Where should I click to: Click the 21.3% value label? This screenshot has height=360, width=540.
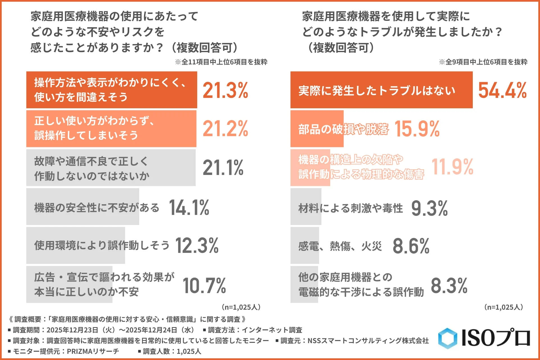(x=225, y=91)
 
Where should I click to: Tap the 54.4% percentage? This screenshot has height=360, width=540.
(x=502, y=91)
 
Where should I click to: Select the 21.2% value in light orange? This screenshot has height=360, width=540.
(x=225, y=129)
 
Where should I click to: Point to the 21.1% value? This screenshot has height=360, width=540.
(x=223, y=168)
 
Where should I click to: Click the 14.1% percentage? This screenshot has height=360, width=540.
(x=189, y=208)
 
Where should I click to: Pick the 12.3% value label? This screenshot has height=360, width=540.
(x=197, y=246)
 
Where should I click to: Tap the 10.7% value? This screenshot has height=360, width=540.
(x=204, y=285)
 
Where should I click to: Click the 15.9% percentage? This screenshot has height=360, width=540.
(x=417, y=129)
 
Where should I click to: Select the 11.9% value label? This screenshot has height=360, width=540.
(x=452, y=166)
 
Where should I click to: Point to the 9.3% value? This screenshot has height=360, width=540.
(x=429, y=208)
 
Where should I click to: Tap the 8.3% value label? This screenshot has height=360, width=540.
(x=449, y=285)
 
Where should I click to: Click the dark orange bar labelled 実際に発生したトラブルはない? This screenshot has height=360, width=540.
(x=381, y=90)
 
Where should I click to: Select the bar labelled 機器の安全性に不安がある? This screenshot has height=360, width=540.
(x=83, y=207)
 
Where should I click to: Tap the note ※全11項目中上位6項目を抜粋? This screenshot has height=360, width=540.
(x=221, y=62)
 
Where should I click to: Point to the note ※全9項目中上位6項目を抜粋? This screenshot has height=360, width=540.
(x=483, y=62)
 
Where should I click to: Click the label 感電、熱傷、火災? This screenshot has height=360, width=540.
(x=340, y=246)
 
